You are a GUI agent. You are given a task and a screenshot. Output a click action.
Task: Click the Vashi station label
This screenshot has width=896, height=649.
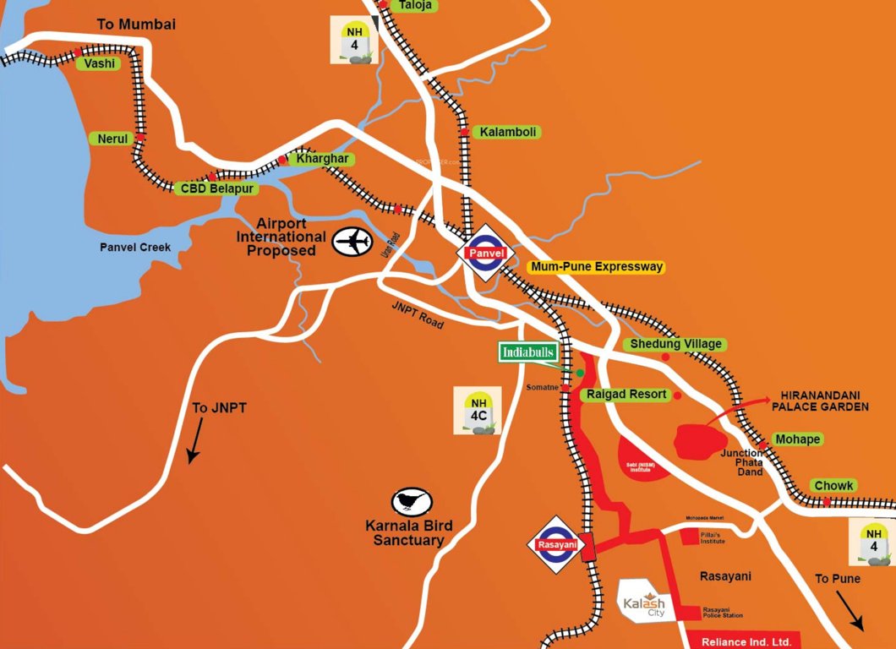pyautogui.click(x=97, y=63)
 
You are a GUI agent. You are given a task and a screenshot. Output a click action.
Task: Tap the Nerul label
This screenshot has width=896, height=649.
pyautogui.click(x=112, y=138)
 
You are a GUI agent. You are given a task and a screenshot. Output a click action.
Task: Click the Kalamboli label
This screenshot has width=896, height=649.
pyautogui.click(x=507, y=133)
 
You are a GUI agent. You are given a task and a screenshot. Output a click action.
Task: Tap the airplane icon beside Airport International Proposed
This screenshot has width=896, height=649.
pyautogui.click(x=352, y=242)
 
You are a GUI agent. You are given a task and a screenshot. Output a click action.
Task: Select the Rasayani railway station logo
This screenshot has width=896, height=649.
pyautogui.click(x=557, y=545)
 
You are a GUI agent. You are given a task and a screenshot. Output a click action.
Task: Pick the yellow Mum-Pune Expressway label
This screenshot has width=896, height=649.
pyautogui.click(x=596, y=266)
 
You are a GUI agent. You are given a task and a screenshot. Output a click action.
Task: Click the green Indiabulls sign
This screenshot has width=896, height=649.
pyautogui.click(x=528, y=352)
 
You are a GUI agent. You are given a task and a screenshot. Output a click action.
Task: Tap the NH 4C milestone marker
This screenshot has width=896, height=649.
pyautogui.click(x=478, y=411)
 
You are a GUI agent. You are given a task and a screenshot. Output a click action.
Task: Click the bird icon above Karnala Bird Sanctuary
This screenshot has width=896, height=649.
pyautogui.click(x=412, y=501)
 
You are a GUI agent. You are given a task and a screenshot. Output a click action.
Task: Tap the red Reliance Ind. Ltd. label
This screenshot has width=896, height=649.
pyautogui.click(x=740, y=641)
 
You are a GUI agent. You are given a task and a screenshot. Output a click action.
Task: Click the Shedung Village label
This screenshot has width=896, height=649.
pyautogui.click(x=676, y=344)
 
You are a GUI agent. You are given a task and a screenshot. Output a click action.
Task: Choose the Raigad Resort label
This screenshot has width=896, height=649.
pyautogui.click(x=626, y=395)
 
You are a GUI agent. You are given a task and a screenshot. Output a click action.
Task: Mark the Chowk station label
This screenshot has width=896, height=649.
pyautogui.click(x=833, y=486)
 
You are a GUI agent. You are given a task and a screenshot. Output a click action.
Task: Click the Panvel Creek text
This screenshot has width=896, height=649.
pyautogui.click(x=135, y=248)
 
